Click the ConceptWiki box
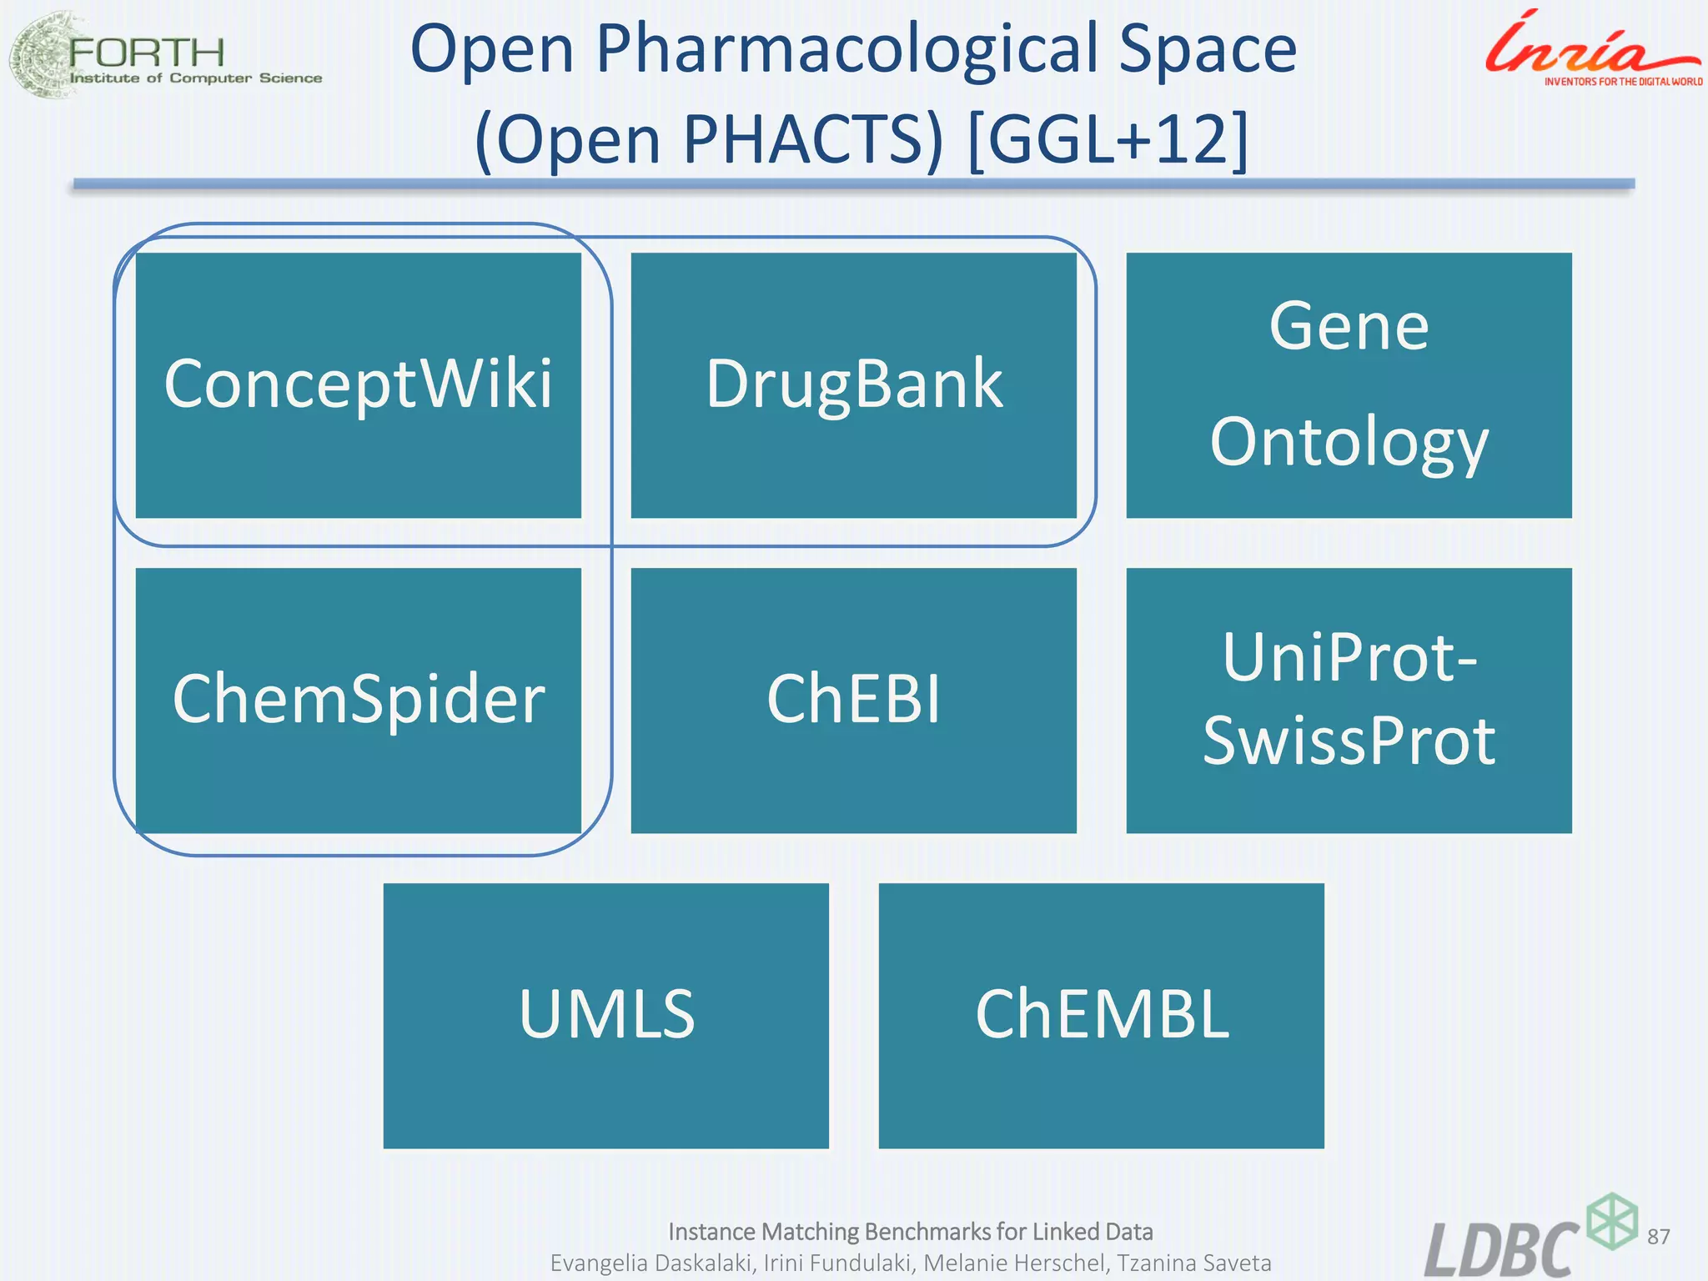(x=358, y=385)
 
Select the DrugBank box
(x=853, y=385)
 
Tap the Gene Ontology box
(x=1349, y=385)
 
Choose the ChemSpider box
(x=358, y=701)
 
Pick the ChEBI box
(x=853, y=701)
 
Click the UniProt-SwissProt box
(x=1349, y=701)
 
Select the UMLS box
(x=605, y=1016)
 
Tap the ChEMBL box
(x=1101, y=1016)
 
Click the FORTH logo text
(x=147, y=53)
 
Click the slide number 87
(x=1659, y=1236)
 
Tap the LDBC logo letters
(x=1501, y=1249)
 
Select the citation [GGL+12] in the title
(x=1109, y=140)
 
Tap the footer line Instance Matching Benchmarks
(x=911, y=1232)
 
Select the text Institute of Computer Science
(x=196, y=78)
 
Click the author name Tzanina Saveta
(x=1194, y=1263)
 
